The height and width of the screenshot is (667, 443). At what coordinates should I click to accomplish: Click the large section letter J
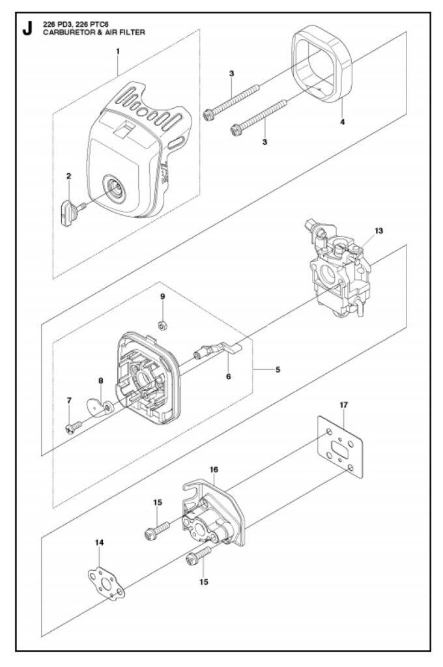(27, 29)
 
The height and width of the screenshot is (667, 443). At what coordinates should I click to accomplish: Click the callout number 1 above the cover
(118, 51)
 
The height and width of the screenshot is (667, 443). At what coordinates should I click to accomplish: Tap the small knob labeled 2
(72, 212)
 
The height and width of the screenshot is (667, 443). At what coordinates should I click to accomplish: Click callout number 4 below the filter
(343, 122)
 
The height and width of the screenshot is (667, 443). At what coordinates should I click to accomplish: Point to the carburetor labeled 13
(338, 268)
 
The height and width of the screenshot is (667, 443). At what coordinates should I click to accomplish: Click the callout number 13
(379, 231)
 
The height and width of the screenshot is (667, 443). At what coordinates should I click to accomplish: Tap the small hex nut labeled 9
(162, 326)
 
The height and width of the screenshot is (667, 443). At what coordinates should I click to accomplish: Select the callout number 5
(278, 370)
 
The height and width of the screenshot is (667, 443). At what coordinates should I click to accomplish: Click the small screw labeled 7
(74, 427)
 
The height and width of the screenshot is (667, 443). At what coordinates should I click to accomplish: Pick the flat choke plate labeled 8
(100, 408)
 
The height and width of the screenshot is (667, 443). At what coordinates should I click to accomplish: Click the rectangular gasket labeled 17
(340, 447)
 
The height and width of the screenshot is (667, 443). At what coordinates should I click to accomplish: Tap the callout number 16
(214, 470)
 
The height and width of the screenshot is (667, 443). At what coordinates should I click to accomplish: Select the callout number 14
(99, 543)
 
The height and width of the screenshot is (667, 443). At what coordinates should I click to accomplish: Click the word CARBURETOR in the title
(64, 32)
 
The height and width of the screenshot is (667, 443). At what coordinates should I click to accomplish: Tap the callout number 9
(163, 296)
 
